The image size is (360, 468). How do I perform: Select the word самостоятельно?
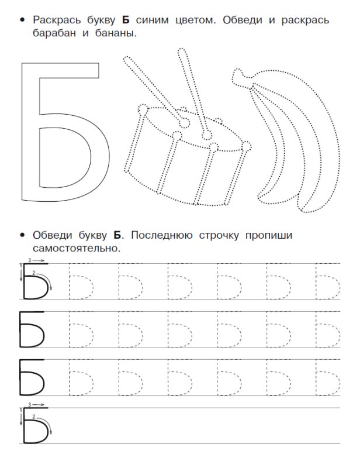pos(76,249)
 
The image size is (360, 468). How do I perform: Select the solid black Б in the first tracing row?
pos(34,281)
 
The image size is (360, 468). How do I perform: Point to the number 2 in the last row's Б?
pos(36,417)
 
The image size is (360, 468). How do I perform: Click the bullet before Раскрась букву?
pos(23,20)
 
